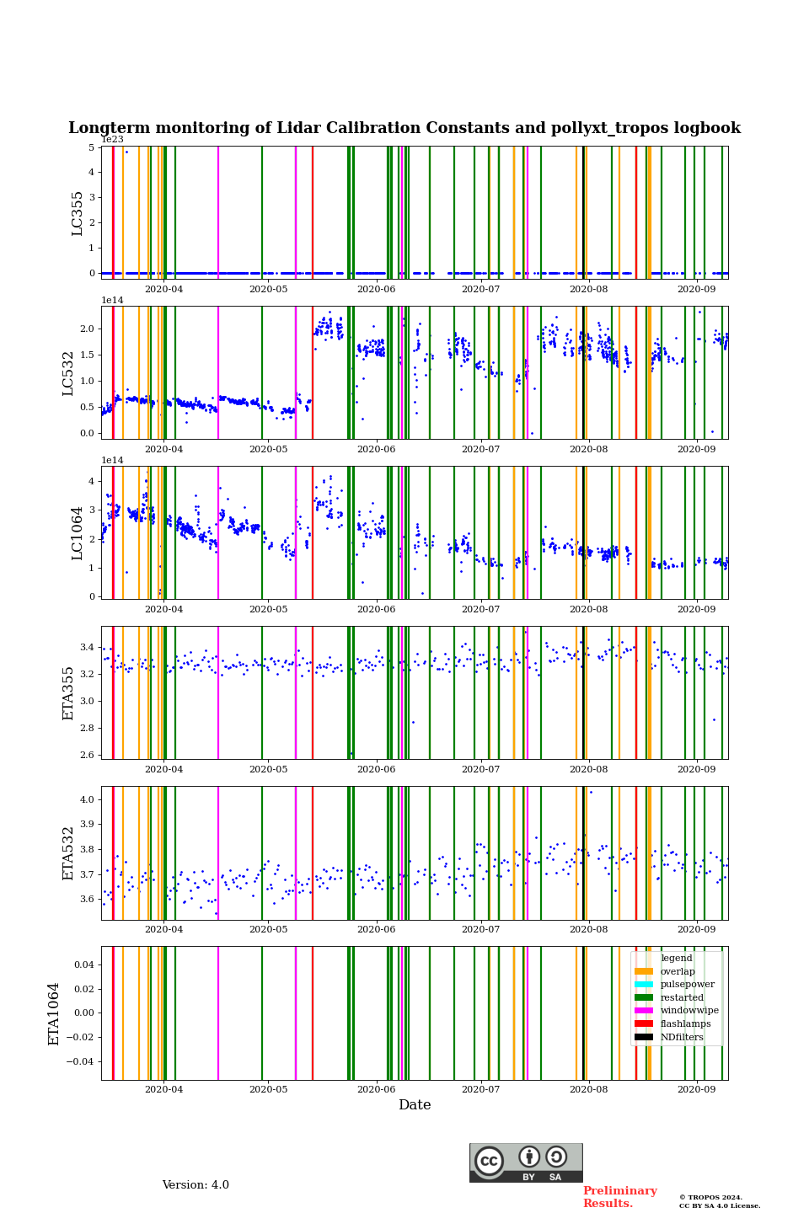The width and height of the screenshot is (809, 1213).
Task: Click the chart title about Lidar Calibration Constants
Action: (404, 128)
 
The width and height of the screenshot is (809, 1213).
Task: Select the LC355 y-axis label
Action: (78, 213)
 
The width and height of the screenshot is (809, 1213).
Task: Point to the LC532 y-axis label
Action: (69, 373)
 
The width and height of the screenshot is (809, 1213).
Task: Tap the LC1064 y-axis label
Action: (78, 533)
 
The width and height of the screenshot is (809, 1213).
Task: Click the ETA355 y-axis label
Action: (69, 693)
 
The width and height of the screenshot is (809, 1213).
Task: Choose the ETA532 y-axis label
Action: (69, 853)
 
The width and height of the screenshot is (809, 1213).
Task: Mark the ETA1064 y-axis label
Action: (55, 1013)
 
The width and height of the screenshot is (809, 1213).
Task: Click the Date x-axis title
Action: (415, 1105)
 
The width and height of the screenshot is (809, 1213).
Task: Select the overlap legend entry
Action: (678, 971)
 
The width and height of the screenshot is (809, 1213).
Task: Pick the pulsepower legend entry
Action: (687, 984)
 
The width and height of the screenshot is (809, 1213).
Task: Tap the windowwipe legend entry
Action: (689, 1011)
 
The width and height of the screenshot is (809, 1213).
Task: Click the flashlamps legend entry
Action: (685, 1024)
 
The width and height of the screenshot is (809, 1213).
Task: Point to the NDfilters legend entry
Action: (682, 1037)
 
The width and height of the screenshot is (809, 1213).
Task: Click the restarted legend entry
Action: (682, 997)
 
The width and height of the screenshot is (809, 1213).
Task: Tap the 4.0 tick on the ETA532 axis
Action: (86, 799)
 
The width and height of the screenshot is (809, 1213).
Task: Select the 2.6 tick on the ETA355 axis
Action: (86, 755)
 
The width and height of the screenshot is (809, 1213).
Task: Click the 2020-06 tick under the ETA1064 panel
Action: (376, 1089)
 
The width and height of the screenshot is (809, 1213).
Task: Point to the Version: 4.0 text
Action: (196, 1185)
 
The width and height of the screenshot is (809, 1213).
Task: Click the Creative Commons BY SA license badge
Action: (526, 1162)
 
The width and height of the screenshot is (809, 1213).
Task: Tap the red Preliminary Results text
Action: (619, 1197)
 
